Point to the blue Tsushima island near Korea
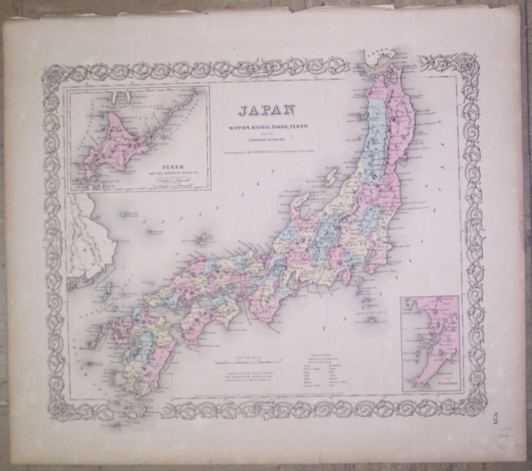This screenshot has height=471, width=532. [x=107, y=291]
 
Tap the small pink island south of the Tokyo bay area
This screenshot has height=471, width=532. [x=346, y=277]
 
